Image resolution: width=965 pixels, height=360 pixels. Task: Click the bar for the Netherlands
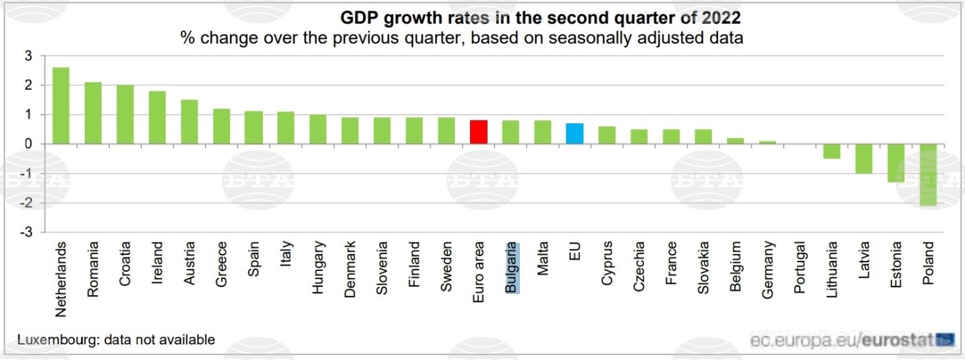61,106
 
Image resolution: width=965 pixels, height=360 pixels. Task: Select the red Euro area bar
479,132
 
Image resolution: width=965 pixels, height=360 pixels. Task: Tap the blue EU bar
575,134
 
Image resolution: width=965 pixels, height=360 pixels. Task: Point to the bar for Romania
93,113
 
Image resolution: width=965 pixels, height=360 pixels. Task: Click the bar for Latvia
865,159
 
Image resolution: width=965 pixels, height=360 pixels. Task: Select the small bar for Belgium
736,141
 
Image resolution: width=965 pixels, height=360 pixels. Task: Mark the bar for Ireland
157,117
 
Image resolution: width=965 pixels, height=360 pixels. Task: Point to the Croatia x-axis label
125,264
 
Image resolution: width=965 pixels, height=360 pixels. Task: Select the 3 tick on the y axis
28,56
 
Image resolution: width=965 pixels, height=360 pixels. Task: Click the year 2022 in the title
721,17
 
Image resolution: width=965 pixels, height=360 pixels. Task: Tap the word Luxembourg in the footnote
56,340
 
